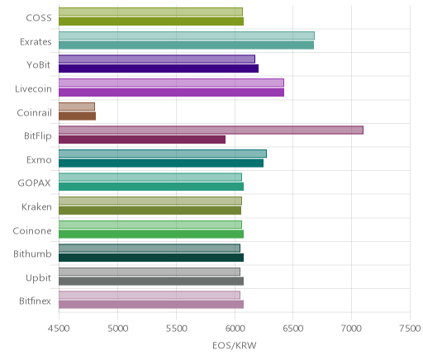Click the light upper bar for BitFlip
[x=211, y=130]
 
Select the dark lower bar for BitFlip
[x=142, y=140]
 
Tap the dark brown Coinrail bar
[x=77, y=116]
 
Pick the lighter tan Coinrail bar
[x=77, y=107]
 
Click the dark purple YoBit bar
[x=159, y=69]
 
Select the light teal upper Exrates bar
[x=187, y=36]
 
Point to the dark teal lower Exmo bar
[x=161, y=163]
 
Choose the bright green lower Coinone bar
[x=151, y=234]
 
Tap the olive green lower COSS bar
[x=151, y=21]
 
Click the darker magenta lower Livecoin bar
[x=171, y=92]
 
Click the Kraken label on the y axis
[x=36, y=206]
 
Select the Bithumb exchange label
[x=32, y=253]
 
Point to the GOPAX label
[x=34, y=183]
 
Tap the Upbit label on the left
[x=38, y=277]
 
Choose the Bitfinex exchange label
[x=35, y=301]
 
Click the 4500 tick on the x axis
[x=59, y=328]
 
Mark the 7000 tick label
[x=351, y=328]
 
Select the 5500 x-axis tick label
[x=176, y=328]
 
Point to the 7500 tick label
[x=410, y=328]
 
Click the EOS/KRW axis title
[x=235, y=345]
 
